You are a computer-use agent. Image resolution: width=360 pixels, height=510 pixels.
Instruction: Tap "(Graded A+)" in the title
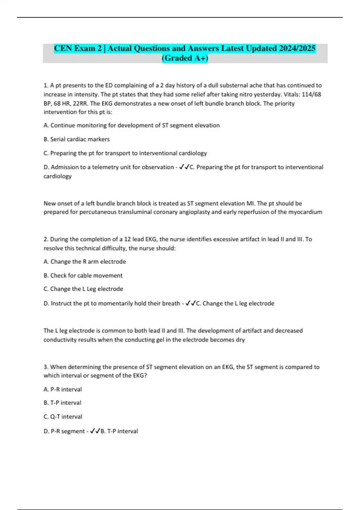185,58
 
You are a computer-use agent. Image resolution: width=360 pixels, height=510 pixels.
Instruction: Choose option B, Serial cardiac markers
77,139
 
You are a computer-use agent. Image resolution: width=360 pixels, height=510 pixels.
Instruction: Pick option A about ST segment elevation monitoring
132,125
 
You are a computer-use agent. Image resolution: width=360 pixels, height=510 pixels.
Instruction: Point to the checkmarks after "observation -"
184,167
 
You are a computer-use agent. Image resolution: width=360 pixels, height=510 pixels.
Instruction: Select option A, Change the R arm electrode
85,262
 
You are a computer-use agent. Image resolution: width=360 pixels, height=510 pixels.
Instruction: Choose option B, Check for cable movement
83,275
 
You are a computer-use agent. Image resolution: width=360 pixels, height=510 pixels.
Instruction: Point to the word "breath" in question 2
171,304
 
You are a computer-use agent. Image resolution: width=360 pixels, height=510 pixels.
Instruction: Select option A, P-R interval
63,389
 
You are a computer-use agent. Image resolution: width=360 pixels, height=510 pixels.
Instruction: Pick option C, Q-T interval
63,417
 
